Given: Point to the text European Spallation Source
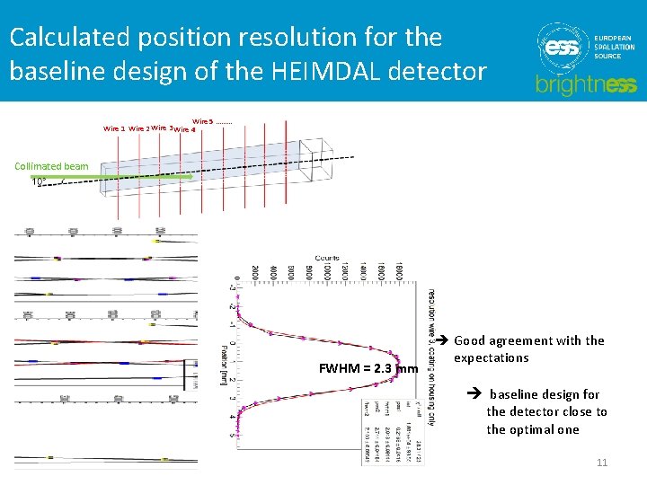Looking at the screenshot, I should click(613, 48).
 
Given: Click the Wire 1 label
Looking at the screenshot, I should click(114, 129).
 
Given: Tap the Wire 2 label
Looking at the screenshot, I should click(139, 129).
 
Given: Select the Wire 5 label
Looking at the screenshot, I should click(203, 121).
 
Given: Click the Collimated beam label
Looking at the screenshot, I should click(51, 166).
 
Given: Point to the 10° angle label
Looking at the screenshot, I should click(39, 181).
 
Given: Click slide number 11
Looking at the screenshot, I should click(602, 462).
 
